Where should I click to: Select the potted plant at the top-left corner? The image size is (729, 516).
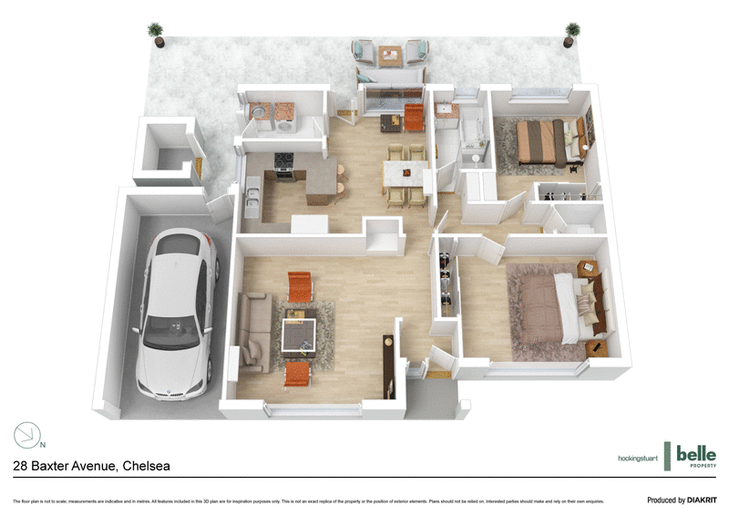[x=158, y=34]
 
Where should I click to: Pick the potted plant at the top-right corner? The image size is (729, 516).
[x=571, y=34]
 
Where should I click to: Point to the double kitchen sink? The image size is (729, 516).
[x=252, y=197]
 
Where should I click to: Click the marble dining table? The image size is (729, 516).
[x=405, y=172]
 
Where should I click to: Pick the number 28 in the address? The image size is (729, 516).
[x=22, y=466]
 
